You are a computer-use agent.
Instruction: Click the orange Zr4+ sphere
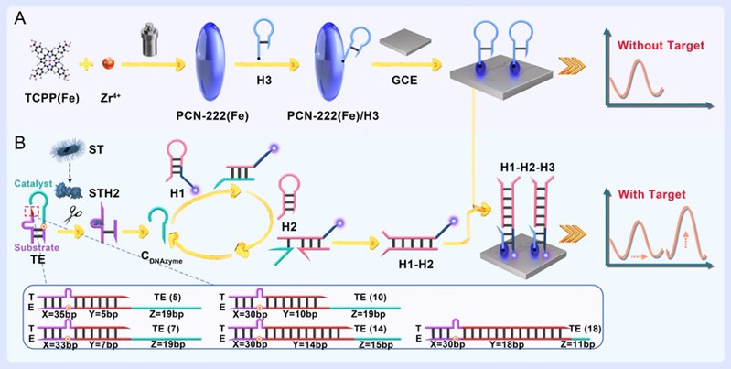(x=109, y=63)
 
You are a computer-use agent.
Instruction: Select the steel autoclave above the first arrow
(x=151, y=41)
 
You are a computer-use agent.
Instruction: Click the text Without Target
(x=661, y=46)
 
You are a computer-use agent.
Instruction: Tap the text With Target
(x=651, y=194)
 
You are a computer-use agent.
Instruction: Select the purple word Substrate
(x=36, y=247)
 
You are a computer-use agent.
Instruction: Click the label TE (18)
(x=585, y=329)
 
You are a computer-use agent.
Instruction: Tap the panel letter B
(x=20, y=143)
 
